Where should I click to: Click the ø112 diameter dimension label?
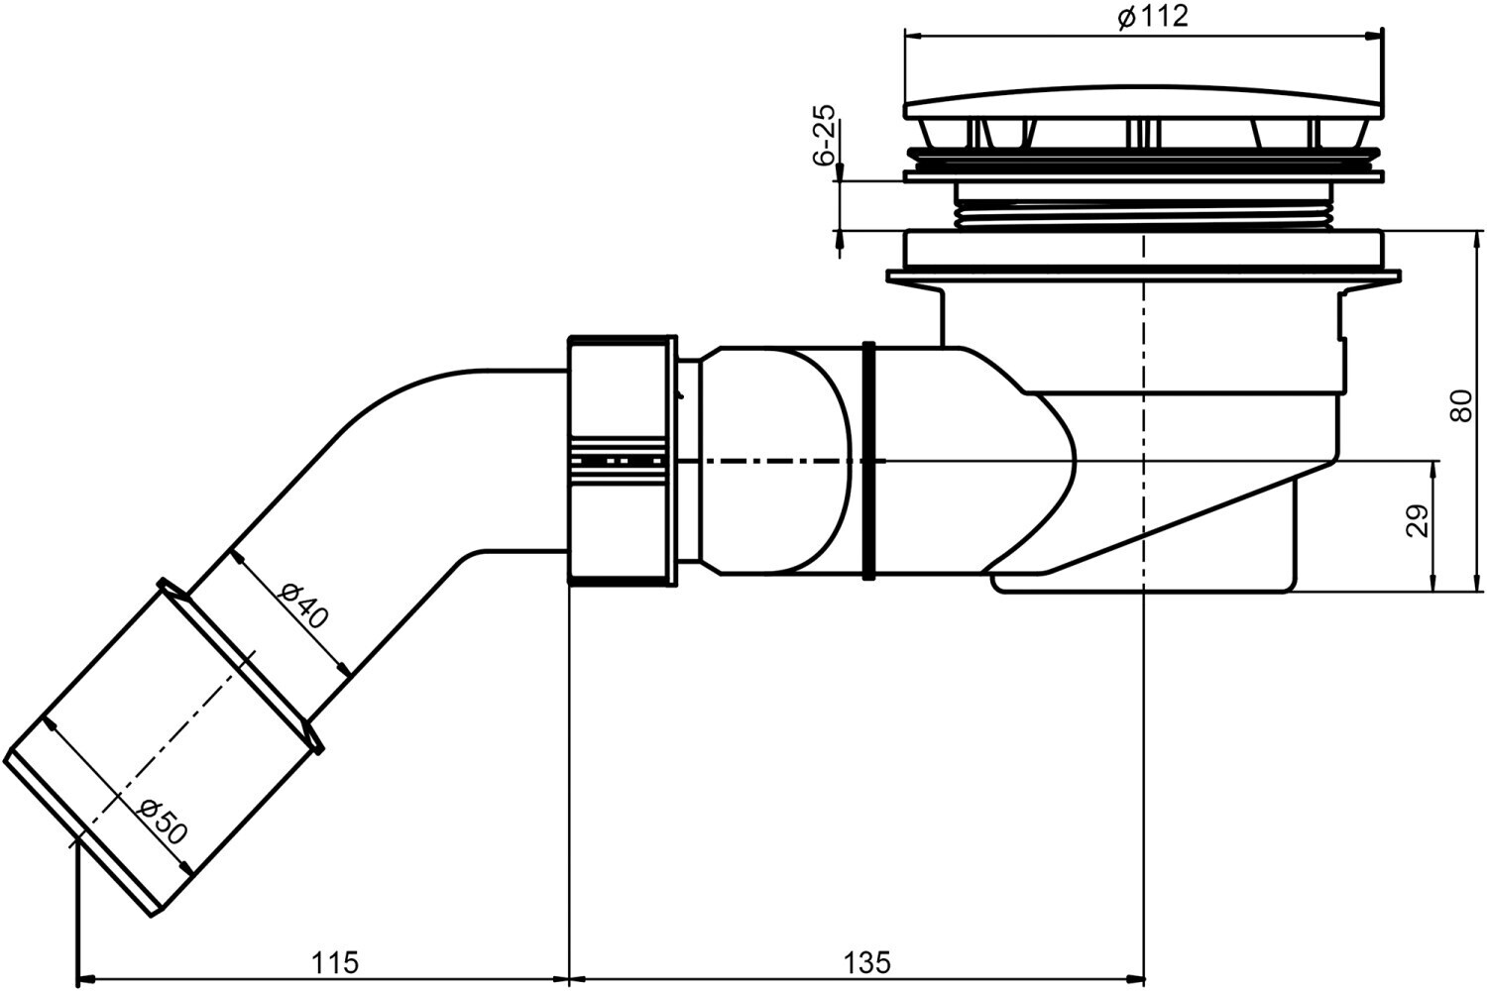coord(1152,17)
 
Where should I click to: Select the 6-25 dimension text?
coord(824,136)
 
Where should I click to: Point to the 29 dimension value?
coord(1419,521)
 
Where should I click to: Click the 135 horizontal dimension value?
coord(867,961)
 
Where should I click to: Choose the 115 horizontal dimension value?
coord(335,961)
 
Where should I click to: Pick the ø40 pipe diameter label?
coord(303,606)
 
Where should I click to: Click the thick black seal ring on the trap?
coord(869,461)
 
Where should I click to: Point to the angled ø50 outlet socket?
coord(159,753)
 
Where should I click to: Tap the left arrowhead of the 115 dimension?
coord(83,977)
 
